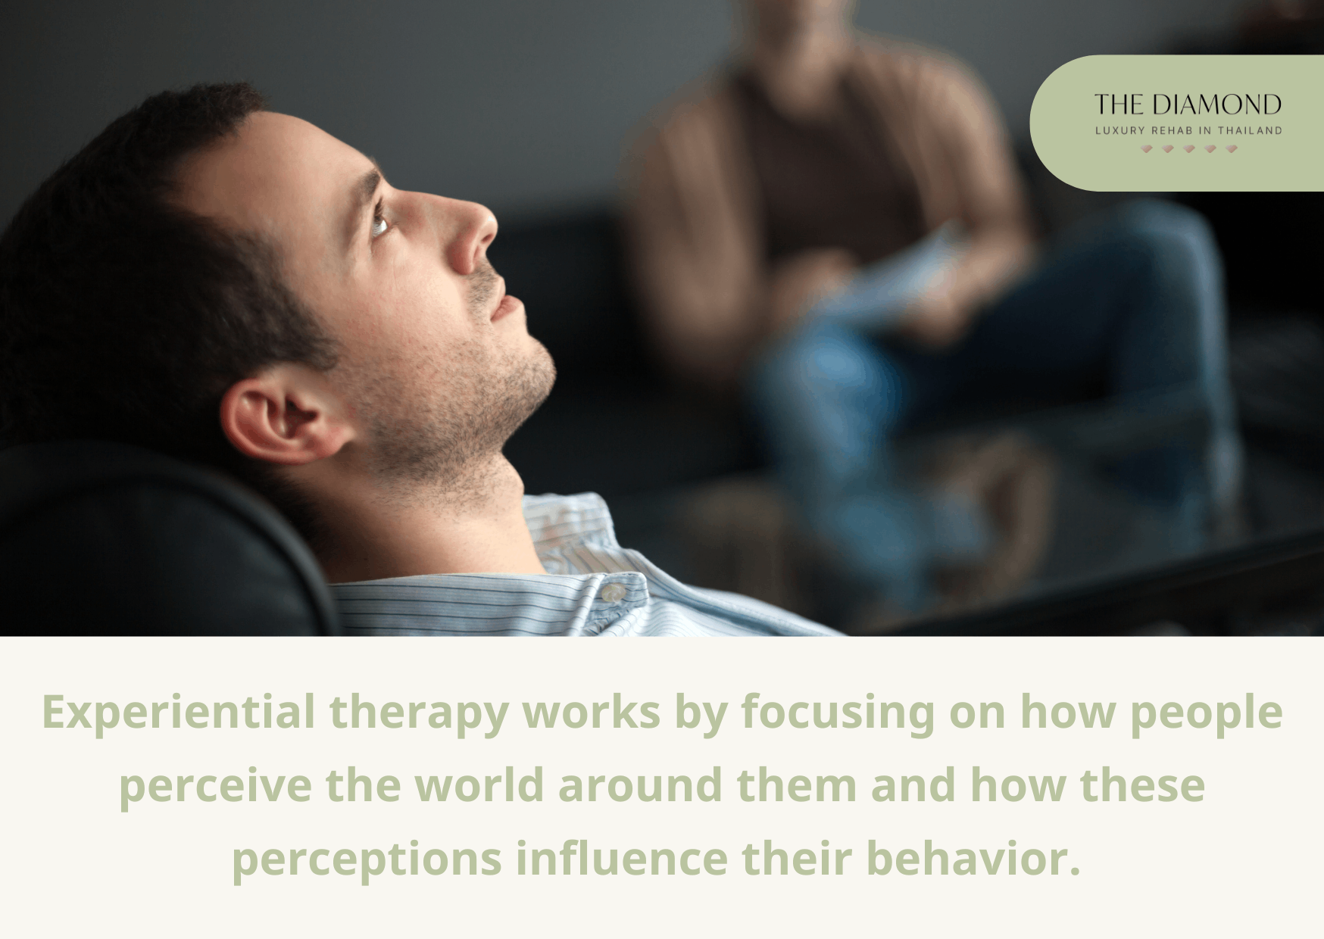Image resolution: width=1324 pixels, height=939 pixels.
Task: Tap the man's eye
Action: click(379, 223)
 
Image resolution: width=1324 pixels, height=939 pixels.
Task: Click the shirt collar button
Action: click(612, 593)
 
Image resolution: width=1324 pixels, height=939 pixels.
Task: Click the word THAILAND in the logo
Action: click(1250, 130)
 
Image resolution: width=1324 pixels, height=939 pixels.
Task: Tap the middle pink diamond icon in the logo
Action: click(1188, 149)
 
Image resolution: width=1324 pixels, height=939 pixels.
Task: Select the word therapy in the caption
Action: click(418, 713)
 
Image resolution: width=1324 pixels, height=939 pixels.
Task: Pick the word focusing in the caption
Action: click(838, 713)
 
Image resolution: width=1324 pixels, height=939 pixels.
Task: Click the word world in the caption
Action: click(479, 785)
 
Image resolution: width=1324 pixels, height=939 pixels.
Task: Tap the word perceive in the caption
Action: click(215, 786)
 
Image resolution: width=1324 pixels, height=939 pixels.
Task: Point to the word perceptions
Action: click(367, 859)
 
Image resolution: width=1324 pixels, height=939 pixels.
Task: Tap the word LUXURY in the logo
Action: click(1119, 130)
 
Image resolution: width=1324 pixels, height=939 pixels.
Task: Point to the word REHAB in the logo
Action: click(1172, 130)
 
